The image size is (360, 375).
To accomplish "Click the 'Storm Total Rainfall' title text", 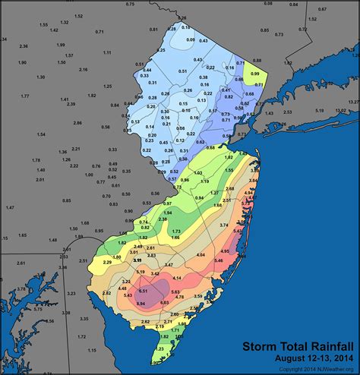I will point(298,347).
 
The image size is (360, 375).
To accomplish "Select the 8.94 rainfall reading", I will point(140,304).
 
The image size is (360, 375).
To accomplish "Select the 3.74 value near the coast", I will point(224,225).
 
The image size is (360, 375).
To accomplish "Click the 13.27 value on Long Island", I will point(354,100).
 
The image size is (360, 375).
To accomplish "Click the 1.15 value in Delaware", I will point(92,350).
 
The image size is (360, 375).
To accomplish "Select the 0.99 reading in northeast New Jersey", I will point(255,73).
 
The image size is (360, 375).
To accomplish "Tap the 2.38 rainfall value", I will point(141,219).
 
